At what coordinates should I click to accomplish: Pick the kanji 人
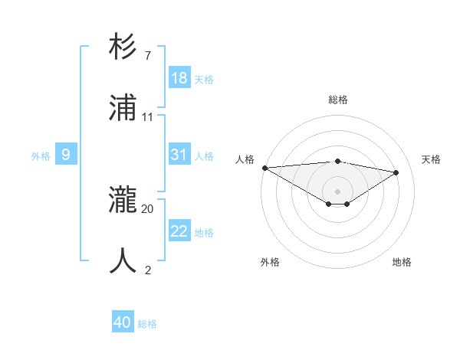pos(123,261)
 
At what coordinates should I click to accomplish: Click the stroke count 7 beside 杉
pos(147,55)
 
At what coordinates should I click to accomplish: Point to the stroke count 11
pos(148,117)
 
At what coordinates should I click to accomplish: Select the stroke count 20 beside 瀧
pos(148,208)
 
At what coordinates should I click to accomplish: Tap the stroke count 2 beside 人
pos(147,270)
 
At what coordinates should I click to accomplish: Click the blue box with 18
pos(179,78)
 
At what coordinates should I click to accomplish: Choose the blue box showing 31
pos(179,155)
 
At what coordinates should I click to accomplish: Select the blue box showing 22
pos(179,231)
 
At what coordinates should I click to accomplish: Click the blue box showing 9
pos(66,155)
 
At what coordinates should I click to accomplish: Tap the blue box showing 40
pos(123,322)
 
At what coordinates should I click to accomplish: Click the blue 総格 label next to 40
pos(147,324)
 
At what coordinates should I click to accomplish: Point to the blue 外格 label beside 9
pos(41,156)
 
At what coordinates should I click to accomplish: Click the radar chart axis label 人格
pos(245,159)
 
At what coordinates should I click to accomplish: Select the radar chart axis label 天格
pos(431,159)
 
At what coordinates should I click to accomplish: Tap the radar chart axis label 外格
pos(270,262)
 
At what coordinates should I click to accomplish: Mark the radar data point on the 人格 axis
pos(264,168)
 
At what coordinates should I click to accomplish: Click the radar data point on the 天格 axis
pos(396,172)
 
